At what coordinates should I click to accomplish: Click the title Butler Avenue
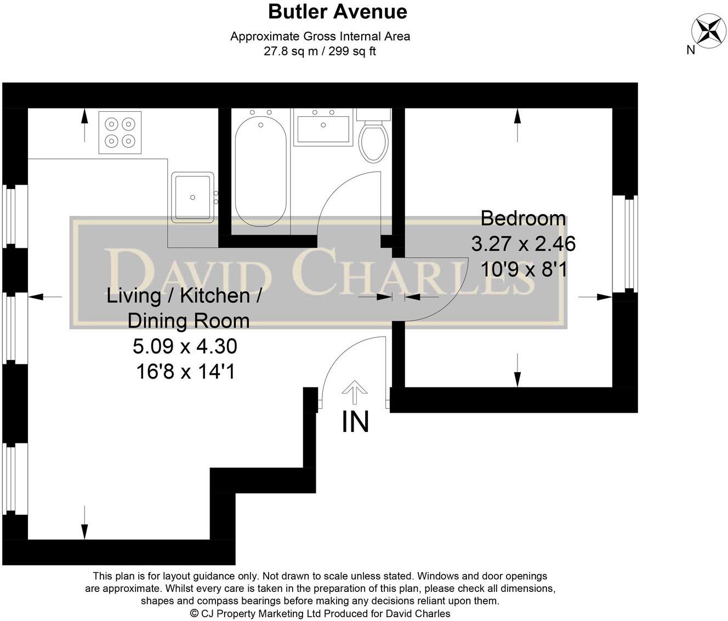(x=337, y=12)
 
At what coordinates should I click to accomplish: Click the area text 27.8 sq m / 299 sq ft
(x=320, y=52)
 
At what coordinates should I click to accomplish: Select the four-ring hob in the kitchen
(x=120, y=133)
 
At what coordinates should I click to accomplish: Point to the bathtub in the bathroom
(x=260, y=172)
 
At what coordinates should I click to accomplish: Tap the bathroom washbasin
(x=322, y=128)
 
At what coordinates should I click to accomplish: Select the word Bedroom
(x=523, y=218)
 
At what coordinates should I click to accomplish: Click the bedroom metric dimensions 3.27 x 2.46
(x=523, y=243)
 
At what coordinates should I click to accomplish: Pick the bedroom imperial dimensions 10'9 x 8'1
(x=523, y=269)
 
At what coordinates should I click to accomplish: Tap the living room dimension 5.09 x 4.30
(x=185, y=346)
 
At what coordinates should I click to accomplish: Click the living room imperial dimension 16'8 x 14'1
(x=185, y=372)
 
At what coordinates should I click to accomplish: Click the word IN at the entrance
(x=355, y=422)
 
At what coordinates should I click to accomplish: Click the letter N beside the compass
(x=691, y=50)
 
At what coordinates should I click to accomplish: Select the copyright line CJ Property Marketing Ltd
(x=320, y=613)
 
